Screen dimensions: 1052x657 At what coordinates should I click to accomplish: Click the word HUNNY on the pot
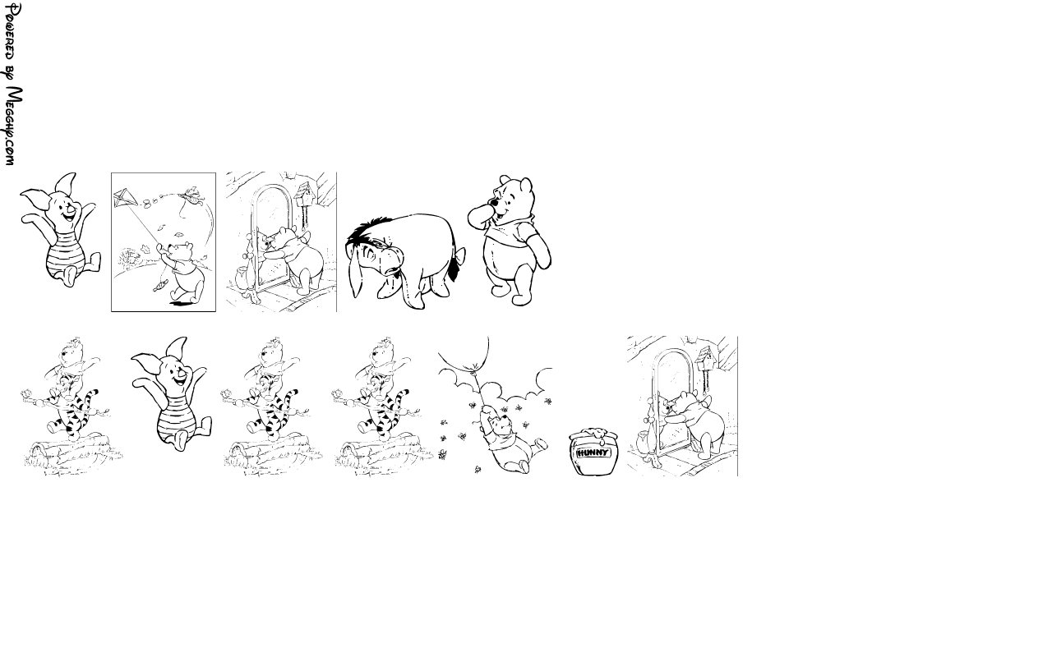pyautogui.click(x=593, y=453)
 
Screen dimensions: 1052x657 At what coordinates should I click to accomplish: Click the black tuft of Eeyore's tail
pyautogui.click(x=453, y=271)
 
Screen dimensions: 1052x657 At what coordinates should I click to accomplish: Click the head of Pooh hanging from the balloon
pyautogui.click(x=502, y=424)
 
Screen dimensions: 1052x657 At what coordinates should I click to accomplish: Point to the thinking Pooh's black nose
pyautogui.click(x=494, y=203)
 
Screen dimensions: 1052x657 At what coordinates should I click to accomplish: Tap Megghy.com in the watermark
pyautogui.click(x=12, y=126)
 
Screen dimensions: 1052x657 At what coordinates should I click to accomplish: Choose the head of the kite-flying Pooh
pyautogui.click(x=181, y=251)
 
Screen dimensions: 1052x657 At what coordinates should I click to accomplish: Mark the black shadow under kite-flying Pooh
pyautogui.click(x=179, y=304)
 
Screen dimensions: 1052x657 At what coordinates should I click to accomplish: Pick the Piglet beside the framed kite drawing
pyautogui.click(x=60, y=230)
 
